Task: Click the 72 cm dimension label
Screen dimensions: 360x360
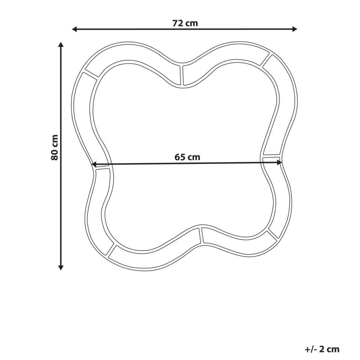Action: point(185,23)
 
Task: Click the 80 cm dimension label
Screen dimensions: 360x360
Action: point(55,147)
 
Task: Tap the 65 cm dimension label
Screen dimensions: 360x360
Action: point(187,157)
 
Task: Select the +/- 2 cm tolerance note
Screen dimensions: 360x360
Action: point(322,349)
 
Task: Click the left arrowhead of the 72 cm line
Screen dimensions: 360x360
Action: point(74,29)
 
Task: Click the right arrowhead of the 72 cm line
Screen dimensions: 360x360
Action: point(295,29)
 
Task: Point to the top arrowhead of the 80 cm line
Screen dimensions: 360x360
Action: point(61,45)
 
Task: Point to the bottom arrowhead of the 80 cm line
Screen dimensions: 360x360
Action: point(61,267)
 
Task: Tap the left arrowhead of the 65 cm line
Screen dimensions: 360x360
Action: point(94,164)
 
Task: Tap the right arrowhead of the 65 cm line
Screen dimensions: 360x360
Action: point(279,162)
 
